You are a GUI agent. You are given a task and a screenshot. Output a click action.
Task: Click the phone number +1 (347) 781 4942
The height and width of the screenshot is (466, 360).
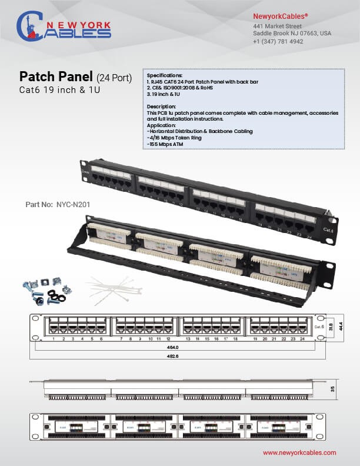point(278,42)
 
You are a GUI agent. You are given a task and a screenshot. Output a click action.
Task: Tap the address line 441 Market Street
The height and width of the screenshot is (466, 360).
point(278,26)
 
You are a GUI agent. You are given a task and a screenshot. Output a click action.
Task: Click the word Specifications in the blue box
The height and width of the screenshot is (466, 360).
point(165,76)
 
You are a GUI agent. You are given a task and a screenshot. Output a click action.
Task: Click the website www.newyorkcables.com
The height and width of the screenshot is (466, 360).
point(299,452)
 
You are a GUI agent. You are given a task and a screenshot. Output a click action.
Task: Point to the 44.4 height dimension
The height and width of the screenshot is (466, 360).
point(339,325)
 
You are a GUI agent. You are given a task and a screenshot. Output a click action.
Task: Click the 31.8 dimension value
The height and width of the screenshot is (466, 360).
point(331,325)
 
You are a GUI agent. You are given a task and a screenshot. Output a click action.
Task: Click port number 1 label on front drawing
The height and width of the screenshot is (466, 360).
point(54,339)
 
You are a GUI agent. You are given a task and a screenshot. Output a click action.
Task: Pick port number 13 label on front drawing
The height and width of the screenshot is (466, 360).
point(188,339)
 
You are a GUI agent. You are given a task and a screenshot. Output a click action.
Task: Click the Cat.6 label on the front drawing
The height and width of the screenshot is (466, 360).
point(319,326)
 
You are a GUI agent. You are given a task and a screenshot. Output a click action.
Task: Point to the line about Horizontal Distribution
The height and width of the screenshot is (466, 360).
point(200,131)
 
